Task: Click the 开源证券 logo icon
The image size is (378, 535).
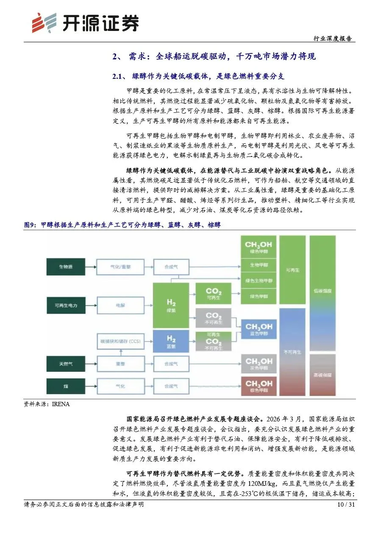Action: coord(44,22)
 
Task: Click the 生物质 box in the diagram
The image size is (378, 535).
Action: coord(66,267)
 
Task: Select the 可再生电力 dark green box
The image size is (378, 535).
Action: coord(66,305)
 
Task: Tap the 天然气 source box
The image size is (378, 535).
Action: coord(66,364)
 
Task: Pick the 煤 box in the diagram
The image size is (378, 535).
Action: coord(66,386)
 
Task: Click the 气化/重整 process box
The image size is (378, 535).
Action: coord(117,267)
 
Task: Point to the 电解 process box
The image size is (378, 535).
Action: coord(117,305)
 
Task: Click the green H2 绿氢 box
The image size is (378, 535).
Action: coord(171,305)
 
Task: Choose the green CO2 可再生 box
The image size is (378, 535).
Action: coord(213,294)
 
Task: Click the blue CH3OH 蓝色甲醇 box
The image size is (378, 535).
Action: coord(258,329)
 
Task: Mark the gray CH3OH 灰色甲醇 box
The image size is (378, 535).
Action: coord(258,364)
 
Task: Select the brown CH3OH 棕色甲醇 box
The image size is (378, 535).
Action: coord(258,386)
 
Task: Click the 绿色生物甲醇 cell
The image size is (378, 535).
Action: coord(258,281)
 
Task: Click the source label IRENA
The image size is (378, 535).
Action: coord(61,404)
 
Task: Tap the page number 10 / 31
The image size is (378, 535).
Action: coord(345,504)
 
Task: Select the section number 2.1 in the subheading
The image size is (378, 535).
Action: coord(118,77)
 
